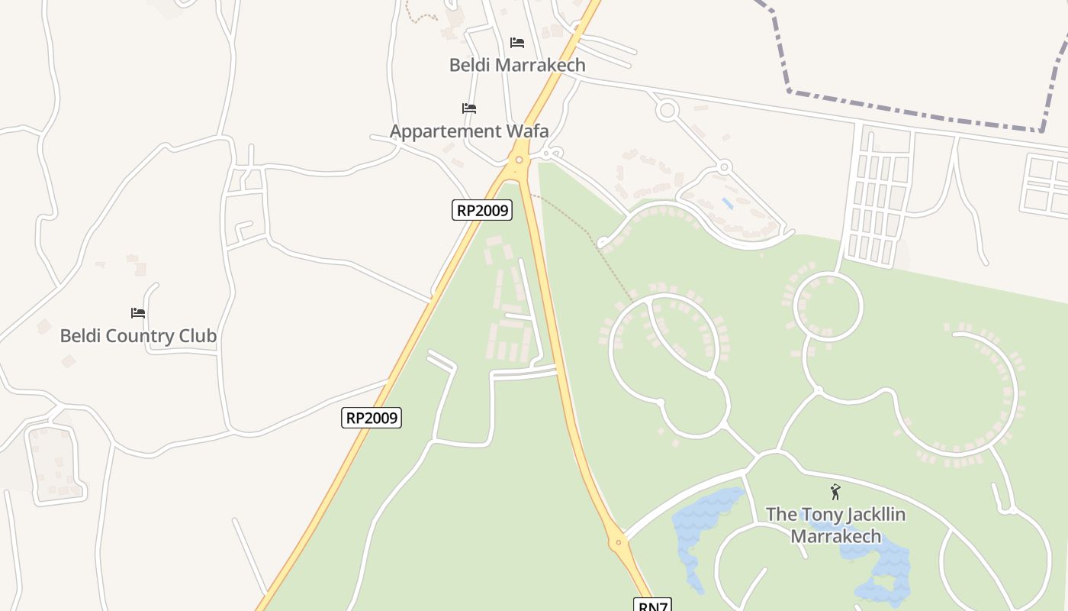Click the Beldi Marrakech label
tap(517, 65)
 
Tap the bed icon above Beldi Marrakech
tap(517, 43)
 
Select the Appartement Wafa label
tap(468, 131)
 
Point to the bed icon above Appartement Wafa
tap(468, 108)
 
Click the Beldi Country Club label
tap(138, 336)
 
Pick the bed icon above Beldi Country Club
tap(138, 313)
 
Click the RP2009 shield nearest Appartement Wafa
tap(481, 210)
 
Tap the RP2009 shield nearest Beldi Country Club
tap(371, 418)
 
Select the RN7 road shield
tap(651, 606)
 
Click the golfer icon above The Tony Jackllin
tap(835, 493)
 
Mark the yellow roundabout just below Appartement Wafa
tap(519, 160)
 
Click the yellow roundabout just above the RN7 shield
tap(619, 543)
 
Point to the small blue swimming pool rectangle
tap(728, 204)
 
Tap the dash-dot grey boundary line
tap(915, 115)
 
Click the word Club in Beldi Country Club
tap(195, 336)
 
